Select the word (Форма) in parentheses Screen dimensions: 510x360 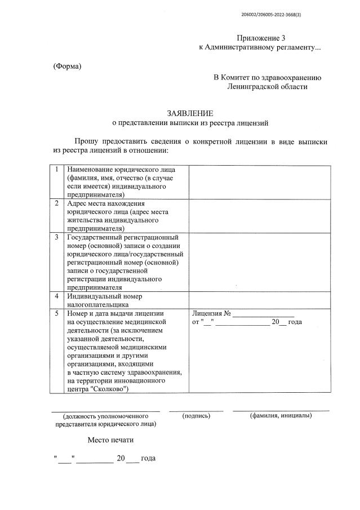coord(67,66)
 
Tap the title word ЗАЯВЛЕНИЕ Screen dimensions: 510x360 coord(190,113)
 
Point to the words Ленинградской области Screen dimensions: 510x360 coord(268,87)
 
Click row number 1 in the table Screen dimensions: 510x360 coord(57,169)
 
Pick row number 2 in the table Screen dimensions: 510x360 coord(57,203)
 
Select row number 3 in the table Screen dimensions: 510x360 coord(57,237)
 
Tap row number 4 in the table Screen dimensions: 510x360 coord(57,295)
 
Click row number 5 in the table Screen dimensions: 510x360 coord(57,312)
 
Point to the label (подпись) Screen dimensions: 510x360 coord(197,416)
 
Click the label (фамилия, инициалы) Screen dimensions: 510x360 coord(281,416)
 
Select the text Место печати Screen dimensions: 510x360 coord(110,440)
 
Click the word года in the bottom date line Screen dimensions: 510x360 coord(148,459)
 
